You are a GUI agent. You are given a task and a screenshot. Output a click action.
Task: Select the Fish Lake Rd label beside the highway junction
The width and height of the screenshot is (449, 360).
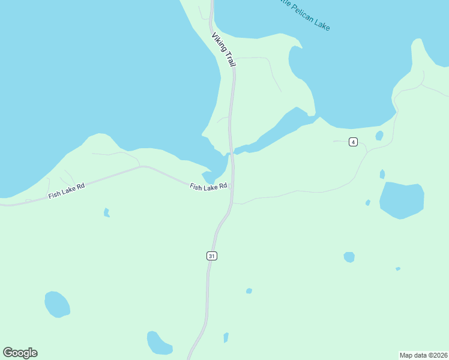208,187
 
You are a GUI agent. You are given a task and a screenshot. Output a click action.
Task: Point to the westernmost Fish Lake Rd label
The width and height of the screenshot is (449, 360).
67,190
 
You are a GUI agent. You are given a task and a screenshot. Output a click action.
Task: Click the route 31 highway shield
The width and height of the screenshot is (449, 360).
211,256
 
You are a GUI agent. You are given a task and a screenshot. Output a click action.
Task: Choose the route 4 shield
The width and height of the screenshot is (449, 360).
354,142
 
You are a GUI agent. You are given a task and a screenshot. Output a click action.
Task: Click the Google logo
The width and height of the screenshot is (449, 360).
20,352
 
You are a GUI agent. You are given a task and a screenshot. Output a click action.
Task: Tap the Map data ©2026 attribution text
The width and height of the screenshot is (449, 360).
424,355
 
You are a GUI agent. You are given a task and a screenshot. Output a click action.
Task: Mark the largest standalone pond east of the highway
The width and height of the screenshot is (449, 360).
402,200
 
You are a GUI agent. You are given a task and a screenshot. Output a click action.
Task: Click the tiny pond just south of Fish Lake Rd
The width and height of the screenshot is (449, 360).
106,212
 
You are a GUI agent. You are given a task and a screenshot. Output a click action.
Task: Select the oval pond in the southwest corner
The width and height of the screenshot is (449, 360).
57,304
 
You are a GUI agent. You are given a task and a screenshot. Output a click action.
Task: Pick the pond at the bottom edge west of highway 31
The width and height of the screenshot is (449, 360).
159,343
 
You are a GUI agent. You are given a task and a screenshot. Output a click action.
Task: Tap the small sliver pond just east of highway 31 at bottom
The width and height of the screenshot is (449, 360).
226,338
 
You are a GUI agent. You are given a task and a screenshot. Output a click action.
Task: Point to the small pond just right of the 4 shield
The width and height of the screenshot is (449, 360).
379,136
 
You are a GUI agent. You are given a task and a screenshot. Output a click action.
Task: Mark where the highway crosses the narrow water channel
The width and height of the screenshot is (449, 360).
231,152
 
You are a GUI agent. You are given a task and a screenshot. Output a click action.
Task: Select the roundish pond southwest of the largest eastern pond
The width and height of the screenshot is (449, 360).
349,257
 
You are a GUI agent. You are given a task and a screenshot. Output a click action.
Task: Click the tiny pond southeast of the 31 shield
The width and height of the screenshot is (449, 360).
249,291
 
